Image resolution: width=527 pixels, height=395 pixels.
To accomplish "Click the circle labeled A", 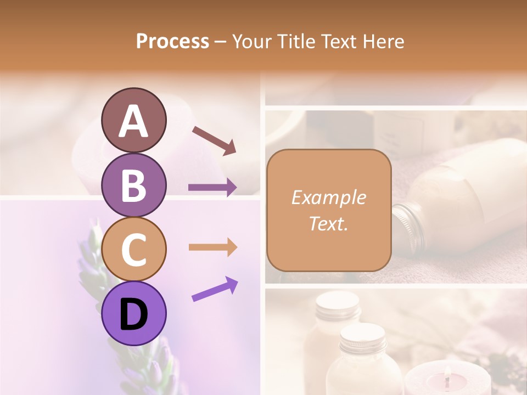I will point(133,120).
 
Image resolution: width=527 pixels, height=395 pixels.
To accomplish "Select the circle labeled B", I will point(133,185).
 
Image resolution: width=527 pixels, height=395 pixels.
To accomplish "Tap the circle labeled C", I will point(133,250).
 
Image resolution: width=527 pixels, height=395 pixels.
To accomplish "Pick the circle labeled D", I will point(133,314).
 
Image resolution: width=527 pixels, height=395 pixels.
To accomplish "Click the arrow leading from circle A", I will point(214,139).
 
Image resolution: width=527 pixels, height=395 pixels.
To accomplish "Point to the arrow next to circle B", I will point(212,188).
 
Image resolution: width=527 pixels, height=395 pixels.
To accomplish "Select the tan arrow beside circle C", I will point(212,247).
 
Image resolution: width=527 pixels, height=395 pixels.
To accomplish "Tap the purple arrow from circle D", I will point(215,289).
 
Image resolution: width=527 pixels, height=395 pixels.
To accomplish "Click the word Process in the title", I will point(172,41).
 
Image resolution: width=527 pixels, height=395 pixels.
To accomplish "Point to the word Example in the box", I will point(328,198).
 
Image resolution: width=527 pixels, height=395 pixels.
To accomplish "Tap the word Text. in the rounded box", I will point(328,223).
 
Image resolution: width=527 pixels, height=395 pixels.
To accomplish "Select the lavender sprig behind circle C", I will point(93,258).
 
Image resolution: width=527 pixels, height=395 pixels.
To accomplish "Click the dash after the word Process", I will point(220,42).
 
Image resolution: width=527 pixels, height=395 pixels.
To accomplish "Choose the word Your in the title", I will point(250,41).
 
